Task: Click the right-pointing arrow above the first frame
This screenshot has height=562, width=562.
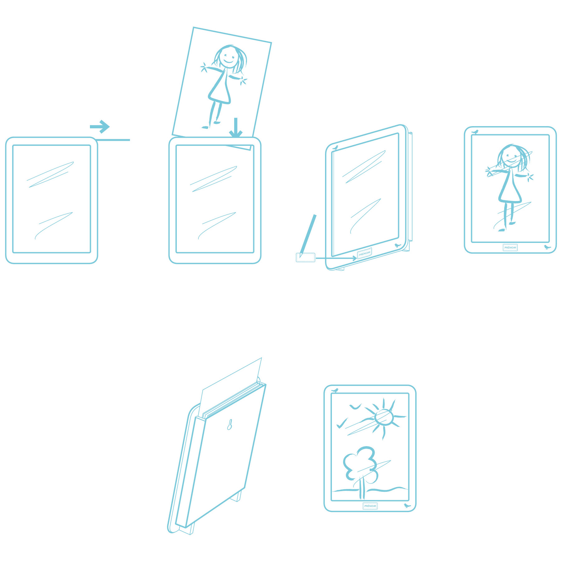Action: pos(100,126)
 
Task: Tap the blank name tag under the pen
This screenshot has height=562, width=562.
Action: pos(306,258)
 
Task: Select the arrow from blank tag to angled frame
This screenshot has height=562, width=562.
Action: pos(336,258)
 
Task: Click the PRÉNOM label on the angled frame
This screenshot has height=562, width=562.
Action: pos(364,253)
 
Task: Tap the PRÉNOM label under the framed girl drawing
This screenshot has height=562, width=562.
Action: pos(510,247)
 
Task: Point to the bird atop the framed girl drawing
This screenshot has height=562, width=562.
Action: pos(475,132)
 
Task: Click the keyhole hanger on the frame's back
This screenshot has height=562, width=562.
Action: pos(229,425)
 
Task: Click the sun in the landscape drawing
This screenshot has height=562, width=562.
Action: pos(384,417)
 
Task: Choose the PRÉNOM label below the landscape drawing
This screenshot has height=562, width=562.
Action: pos(370,506)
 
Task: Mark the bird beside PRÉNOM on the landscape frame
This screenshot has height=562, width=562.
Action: pos(407,505)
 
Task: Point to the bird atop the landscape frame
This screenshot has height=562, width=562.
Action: pos(335,390)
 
